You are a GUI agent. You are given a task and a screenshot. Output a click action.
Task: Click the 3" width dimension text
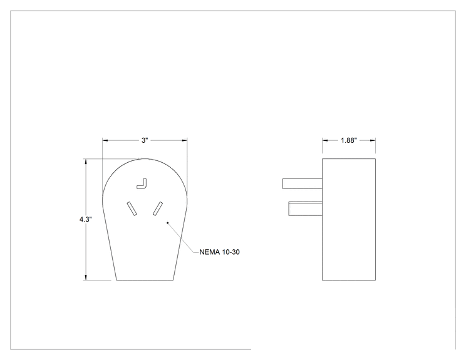coord(145,140)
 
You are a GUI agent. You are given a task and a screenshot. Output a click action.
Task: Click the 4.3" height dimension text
coord(86,220)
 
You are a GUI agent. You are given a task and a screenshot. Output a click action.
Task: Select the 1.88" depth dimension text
coord(349,140)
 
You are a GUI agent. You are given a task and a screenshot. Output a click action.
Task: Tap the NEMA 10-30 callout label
coord(219,252)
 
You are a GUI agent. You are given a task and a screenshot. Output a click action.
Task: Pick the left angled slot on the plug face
coord(132,208)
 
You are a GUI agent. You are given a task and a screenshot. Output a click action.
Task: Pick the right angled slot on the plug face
coord(158,208)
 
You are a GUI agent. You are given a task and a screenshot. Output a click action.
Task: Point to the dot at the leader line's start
coord(168,222)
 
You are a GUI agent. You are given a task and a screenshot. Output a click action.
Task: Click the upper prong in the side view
coord(303,183)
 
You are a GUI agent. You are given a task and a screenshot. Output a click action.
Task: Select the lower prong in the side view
coord(306,209)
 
